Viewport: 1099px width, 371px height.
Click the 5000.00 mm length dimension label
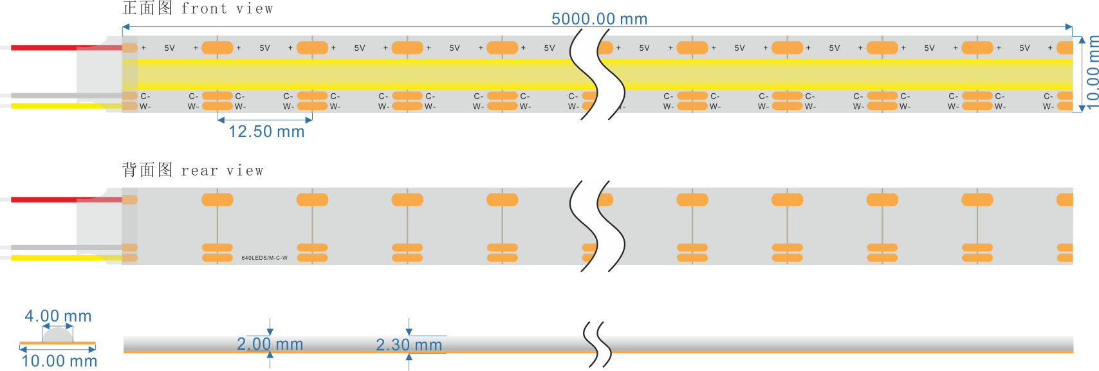(599, 19)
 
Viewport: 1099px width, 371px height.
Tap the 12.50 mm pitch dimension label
(266, 132)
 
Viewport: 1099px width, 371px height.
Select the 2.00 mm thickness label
(270, 344)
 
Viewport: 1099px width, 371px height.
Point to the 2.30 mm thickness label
(409, 345)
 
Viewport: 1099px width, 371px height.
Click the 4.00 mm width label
(58, 316)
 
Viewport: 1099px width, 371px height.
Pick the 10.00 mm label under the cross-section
(59, 361)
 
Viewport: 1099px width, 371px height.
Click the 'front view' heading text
(226, 8)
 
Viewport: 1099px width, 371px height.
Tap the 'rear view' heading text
(222, 170)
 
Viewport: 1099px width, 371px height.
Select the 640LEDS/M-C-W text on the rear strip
(264, 258)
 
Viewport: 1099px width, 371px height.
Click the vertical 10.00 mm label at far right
(1092, 72)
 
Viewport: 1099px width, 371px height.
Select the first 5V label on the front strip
(169, 48)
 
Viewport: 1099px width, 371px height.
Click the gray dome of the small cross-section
(57, 334)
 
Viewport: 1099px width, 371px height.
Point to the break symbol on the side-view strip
(597, 344)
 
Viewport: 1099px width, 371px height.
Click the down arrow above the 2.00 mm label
(270, 327)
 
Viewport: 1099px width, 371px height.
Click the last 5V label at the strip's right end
(1024, 48)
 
